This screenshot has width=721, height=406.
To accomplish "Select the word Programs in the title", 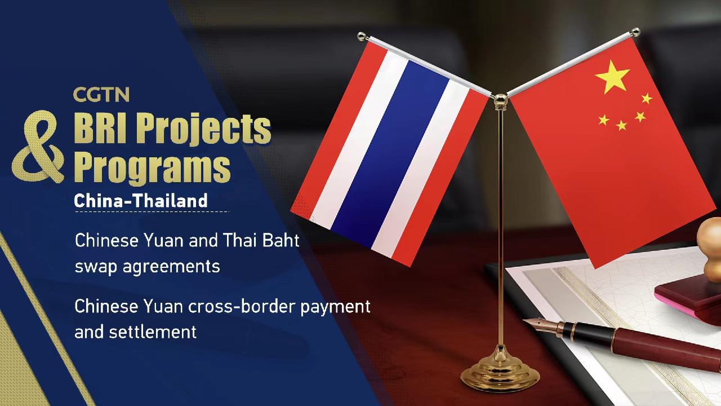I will [153, 166].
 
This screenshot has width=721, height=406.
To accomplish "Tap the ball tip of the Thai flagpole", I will [360, 35].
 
